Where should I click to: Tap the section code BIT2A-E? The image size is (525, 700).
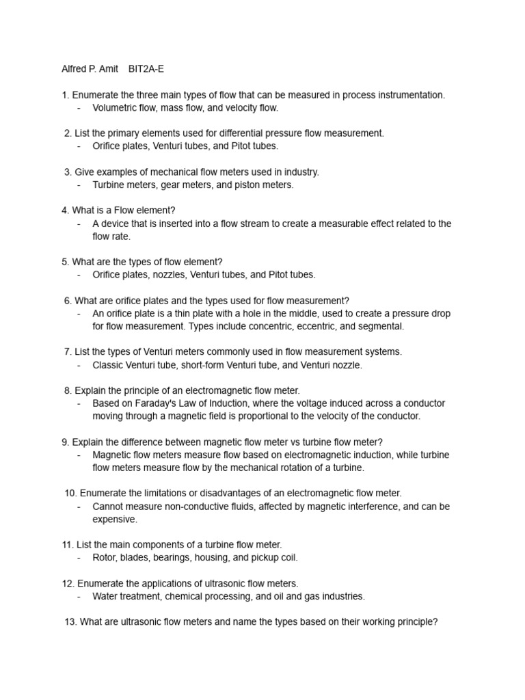[146, 69]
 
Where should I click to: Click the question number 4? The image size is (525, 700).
[64, 211]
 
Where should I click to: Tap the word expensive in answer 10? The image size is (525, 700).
[115, 519]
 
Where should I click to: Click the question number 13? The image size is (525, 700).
[70, 622]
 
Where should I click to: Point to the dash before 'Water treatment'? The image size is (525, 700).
[79, 596]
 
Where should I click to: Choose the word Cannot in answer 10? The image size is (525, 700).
[109, 507]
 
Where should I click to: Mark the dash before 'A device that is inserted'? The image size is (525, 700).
[79, 224]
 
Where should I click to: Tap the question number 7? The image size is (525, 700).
[67, 352]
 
